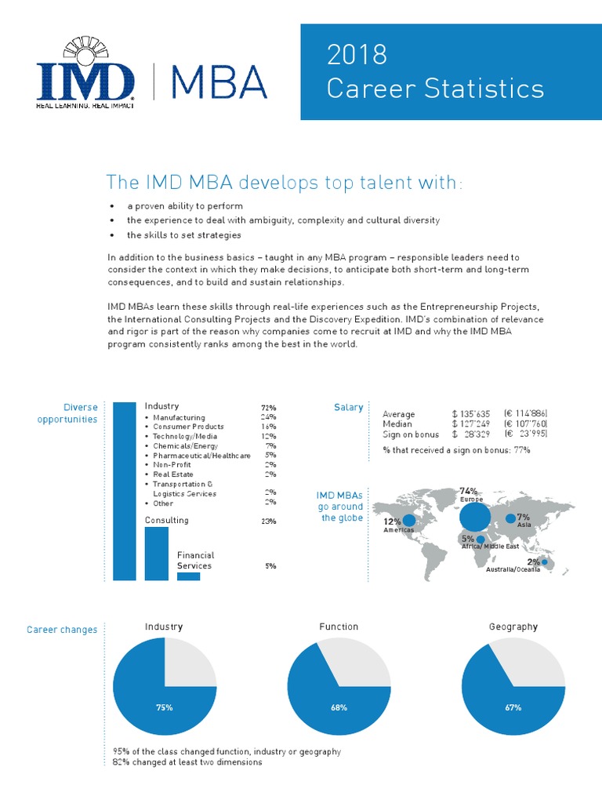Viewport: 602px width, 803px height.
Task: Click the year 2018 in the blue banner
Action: (357, 55)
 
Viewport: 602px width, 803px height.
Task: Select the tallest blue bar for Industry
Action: (124, 491)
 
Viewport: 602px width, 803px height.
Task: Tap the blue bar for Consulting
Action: (157, 554)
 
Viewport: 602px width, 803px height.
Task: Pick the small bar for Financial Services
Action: (188, 576)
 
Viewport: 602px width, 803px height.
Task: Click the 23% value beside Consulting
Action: (268, 521)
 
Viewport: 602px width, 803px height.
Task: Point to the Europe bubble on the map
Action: (474, 517)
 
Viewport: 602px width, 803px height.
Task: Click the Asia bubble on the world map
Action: (511, 518)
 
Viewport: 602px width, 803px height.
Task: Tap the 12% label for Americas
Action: (392, 521)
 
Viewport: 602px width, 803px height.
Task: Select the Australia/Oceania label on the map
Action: (513, 570)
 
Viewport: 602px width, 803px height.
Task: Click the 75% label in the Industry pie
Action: (164, 707)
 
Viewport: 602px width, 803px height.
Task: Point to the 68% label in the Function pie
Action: (339, 707)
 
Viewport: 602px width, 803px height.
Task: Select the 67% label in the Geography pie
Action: (513, 707)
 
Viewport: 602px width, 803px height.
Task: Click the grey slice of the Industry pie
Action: (188, 667)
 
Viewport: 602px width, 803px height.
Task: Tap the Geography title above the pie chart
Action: (513, 627)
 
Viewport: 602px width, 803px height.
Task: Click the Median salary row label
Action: (397, 423)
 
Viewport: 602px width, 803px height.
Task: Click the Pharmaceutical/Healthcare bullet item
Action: (201, 456)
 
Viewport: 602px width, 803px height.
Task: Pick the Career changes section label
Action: (62, 630)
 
